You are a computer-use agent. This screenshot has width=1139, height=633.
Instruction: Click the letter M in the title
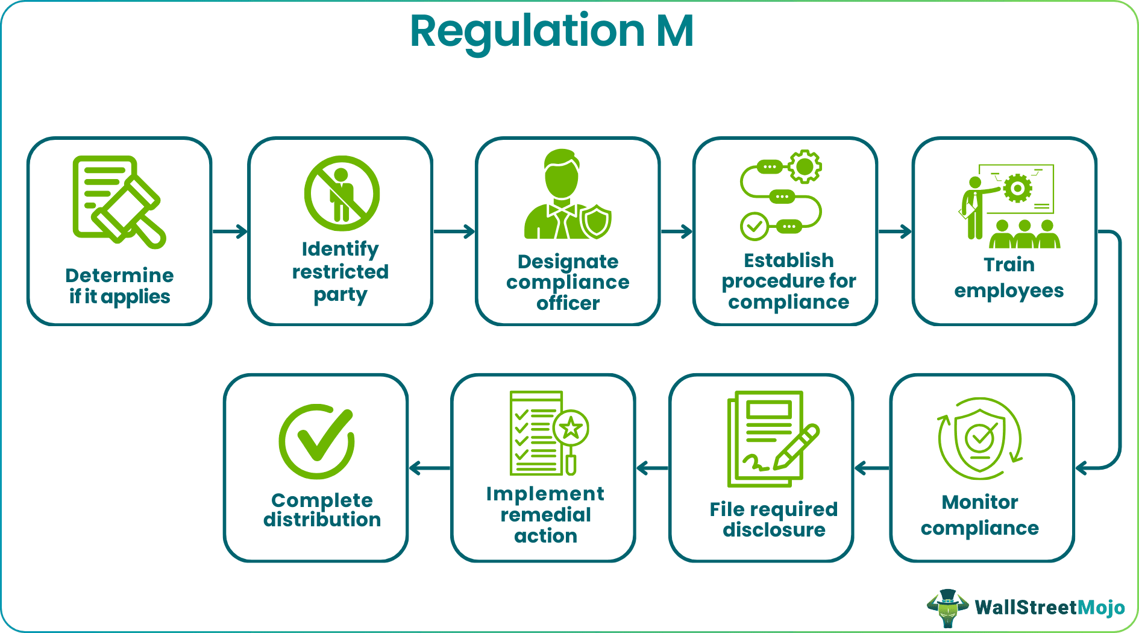(675, 31)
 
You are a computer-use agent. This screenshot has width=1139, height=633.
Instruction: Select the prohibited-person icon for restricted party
(342, 194)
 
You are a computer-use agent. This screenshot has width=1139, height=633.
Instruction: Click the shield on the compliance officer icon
(597, 221)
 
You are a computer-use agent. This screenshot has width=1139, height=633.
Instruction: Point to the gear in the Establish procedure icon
(805, 166)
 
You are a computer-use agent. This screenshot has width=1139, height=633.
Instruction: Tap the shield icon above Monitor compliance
(981, 438)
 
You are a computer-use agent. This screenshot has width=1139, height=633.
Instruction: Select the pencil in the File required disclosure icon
(797, 447)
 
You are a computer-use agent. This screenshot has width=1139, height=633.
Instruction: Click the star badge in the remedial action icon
(571, 429)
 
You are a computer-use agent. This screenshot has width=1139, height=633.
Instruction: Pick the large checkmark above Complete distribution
(318, 441)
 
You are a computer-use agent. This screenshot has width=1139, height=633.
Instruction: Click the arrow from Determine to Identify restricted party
(230, 231)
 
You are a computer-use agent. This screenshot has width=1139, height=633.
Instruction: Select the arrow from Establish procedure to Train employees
(895, 231)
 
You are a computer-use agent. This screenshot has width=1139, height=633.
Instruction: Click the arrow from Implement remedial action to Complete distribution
(429, 468)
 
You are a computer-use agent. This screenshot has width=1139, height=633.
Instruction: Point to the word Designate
(568, 262)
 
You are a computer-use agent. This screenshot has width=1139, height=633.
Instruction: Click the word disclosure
(774, 530)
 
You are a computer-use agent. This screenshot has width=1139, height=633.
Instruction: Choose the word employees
(1008, 291)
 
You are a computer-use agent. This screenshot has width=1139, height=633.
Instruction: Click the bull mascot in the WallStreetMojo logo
(948, 608)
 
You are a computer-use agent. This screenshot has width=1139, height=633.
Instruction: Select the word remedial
(545, 515)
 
